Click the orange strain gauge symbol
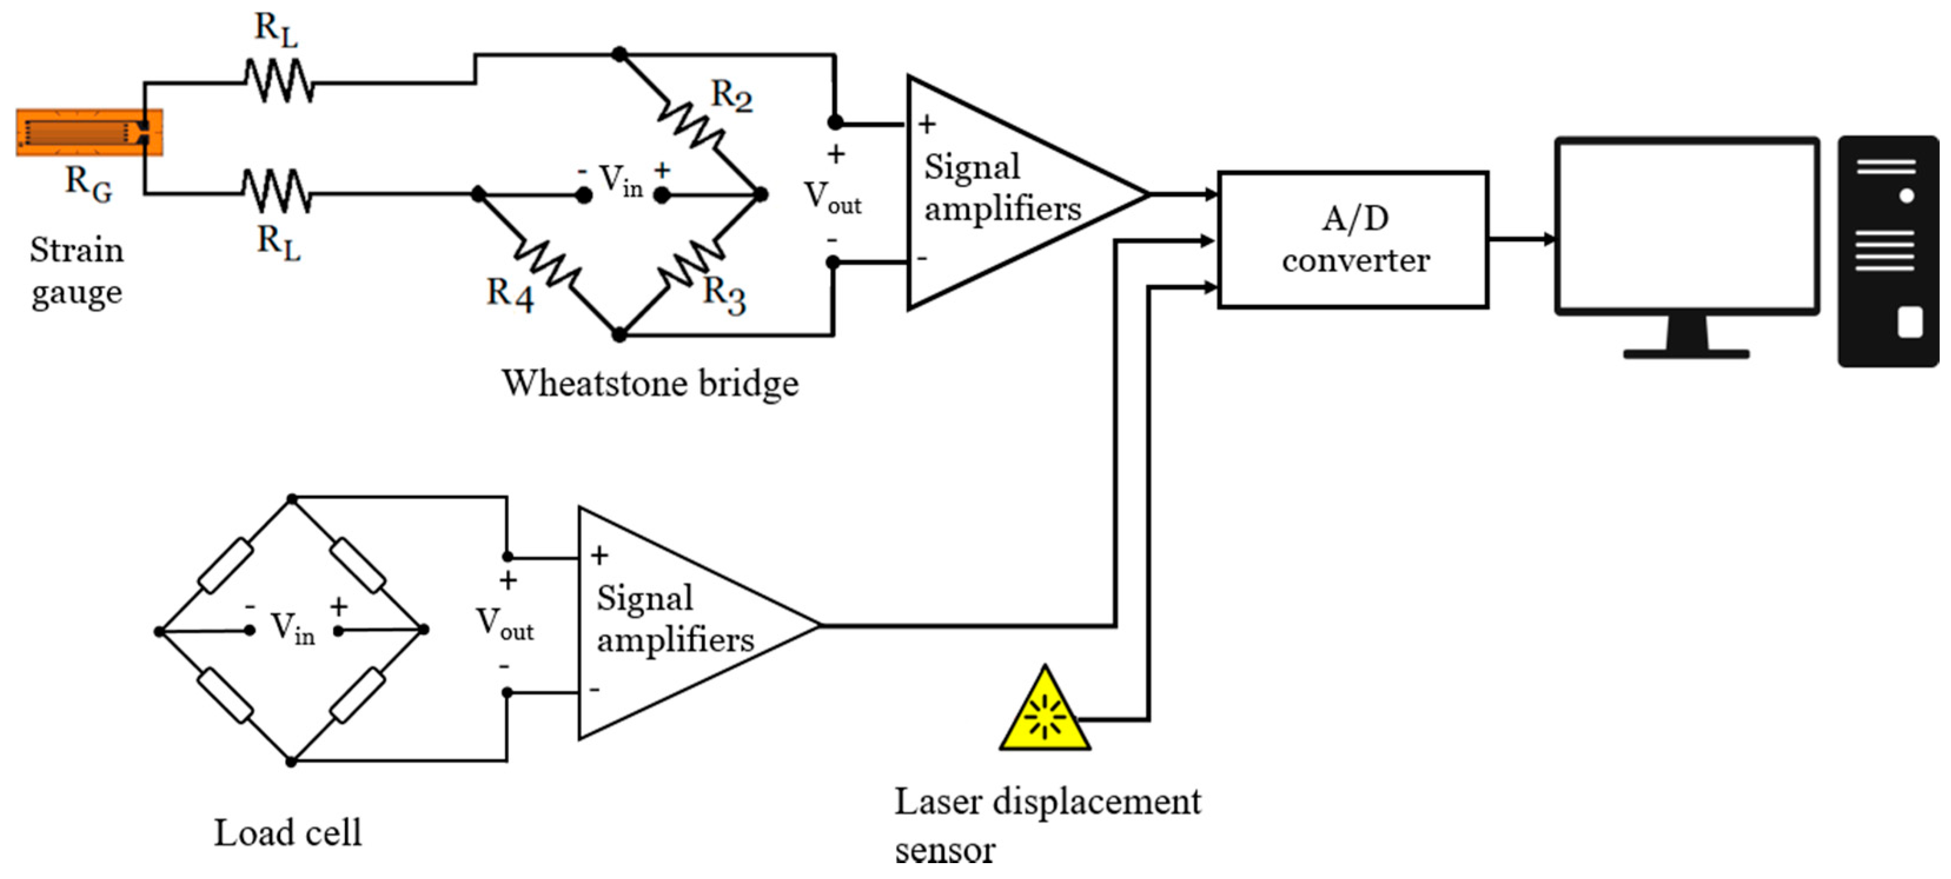coord(89,132)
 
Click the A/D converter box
coord(1353,239)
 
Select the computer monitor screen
coord(1687,225)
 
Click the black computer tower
coord(1887,251)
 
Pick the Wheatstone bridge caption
coord(650,383)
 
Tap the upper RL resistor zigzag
coord(278,81)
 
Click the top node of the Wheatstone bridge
coord(619,54)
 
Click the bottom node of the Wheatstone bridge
coord(619,334)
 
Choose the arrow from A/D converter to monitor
coord(1522,239)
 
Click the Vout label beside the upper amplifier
coord(832,198)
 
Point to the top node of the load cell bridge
coord(291,498)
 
